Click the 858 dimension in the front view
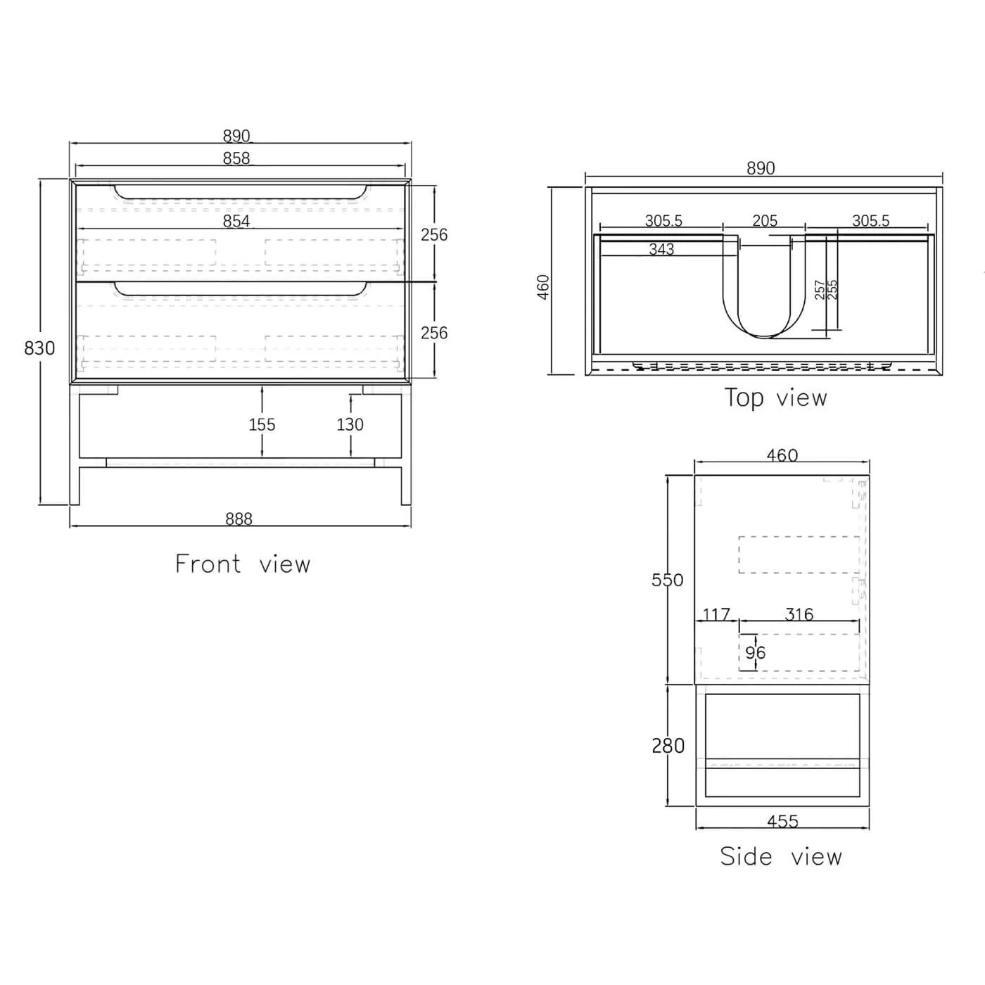[236, 158]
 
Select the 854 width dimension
[236, 221]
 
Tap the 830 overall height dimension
[39, 348]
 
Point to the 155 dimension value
[262, 424]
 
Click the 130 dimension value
[350, 424]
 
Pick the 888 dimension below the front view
[239, 519]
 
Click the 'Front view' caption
[243, 564]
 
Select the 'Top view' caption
[776, 398]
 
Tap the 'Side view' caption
[781, 856]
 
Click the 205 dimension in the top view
[765, 221]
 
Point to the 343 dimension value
[661, 249]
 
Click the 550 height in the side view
[667, 580]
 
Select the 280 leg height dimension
[668, 745]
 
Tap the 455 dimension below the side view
[782, 821]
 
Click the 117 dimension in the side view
[716, 614]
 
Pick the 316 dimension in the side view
[799, 614]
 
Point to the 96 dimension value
[756, 652]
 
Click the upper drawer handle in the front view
[241, 192]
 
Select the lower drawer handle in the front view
[241, 288]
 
